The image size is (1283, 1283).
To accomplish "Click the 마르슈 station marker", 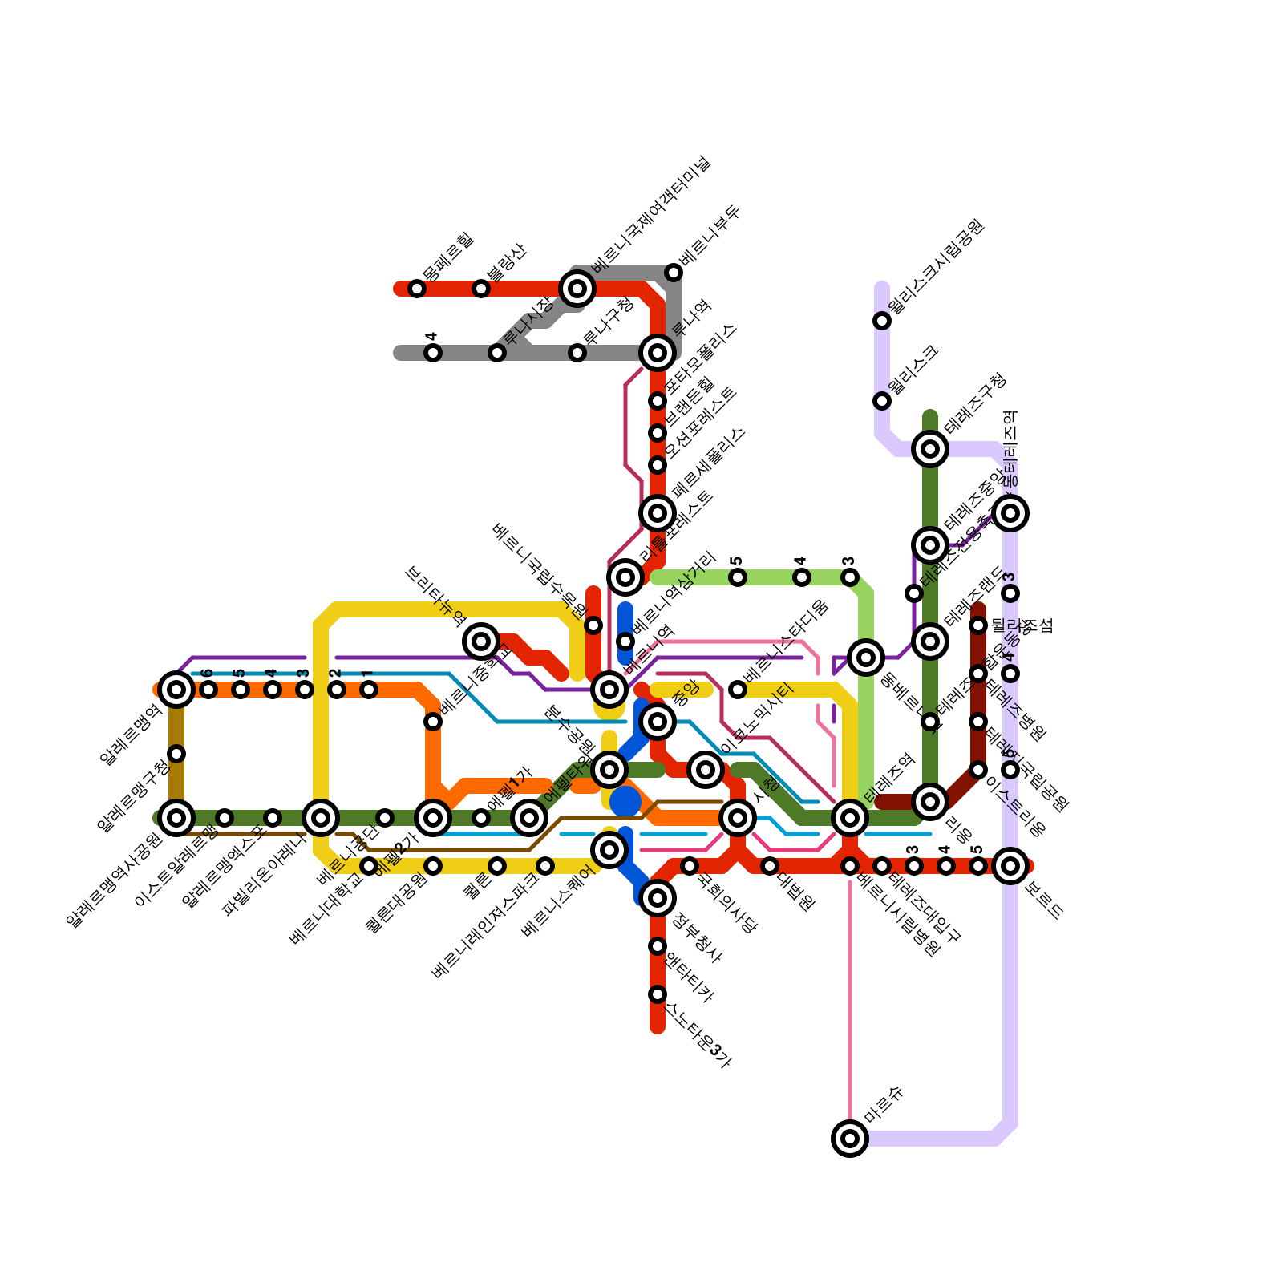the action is (x=850, y=1138).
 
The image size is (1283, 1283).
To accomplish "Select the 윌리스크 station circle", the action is (x=882, y=400).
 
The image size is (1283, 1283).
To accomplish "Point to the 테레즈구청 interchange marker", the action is (x=930, y=449).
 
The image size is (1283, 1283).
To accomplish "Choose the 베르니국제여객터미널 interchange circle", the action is (x=577, y=289).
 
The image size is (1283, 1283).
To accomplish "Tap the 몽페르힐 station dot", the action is (x=417, y=289).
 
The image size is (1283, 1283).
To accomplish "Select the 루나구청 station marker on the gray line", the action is (x=577, y=353).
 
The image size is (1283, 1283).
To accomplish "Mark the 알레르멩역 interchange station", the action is (x=176, y=689).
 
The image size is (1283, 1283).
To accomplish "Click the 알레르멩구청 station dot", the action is (x=176, y=754).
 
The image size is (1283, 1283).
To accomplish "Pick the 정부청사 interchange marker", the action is (x=658, y=898).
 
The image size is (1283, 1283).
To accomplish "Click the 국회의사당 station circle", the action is (x=690, y=866).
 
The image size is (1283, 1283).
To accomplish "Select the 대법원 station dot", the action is (x=770, y=866).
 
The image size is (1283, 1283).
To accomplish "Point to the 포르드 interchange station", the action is (x=1010, y=866).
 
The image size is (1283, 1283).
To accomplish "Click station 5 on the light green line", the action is (x=738, y=577).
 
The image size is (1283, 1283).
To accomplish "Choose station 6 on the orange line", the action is (x=208, y=690).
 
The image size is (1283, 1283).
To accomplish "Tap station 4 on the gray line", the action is (x=433, y=353).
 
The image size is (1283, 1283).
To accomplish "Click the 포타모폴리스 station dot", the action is (x=658, y=401).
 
